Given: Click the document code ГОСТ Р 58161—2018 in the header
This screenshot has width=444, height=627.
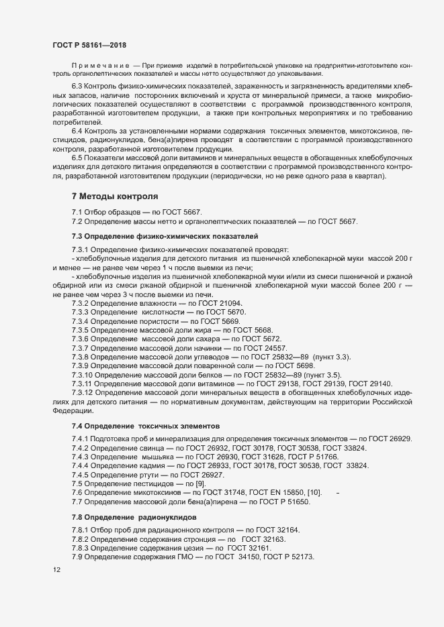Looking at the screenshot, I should click(x=89, y=45).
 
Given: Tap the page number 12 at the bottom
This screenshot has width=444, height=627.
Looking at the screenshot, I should click(x=56, y=570).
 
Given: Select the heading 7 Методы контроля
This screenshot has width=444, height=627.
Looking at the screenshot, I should click(x=115, y=196).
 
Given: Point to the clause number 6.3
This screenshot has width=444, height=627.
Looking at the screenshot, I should click(x=78, y=88).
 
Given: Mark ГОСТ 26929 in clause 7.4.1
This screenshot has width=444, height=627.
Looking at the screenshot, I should click(x=390, y=439).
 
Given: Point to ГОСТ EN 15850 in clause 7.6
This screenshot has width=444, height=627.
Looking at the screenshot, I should click(x=275, y=493).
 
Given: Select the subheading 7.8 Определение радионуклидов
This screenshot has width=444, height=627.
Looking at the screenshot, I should click(x=134, y=518).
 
